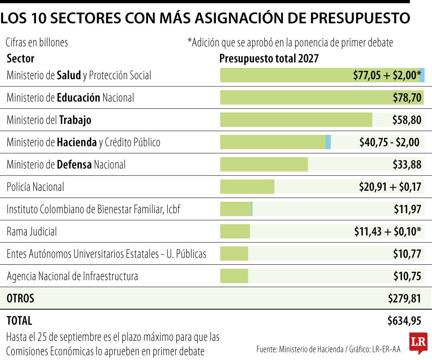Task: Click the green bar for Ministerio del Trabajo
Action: point(296,120)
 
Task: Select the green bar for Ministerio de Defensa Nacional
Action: point(264,164)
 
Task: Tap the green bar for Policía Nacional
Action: point(247,187)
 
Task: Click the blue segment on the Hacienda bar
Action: point(328,142)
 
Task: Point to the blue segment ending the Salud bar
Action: point(422,75)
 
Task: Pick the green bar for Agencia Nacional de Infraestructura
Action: point(234,276)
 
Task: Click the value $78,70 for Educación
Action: point(407,98)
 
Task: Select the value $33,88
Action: point(407,165)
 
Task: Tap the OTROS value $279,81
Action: point(405,298)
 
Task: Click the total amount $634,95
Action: point(404,321)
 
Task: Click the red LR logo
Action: point(418,342)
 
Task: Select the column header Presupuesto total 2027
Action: point(269,58)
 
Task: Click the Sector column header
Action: point(20,58)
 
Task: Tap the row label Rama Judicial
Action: point(32,232)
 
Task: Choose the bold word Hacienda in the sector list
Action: point(76,142)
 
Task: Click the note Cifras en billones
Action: point(37,43)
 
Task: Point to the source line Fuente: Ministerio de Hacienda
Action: point(300,350)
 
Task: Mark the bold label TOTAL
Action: point(19,321)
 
